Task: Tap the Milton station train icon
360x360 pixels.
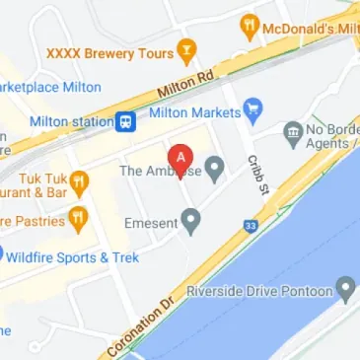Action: (125, 122)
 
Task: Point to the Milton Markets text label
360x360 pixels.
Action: (193, 113)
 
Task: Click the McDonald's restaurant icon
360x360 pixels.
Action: (252, 27)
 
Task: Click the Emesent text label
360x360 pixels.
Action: (150, 224)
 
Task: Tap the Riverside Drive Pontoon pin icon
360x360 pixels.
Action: (345, 289)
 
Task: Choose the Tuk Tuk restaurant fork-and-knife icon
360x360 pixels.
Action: (80, 183)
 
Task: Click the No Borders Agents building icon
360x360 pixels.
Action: (292, 131)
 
